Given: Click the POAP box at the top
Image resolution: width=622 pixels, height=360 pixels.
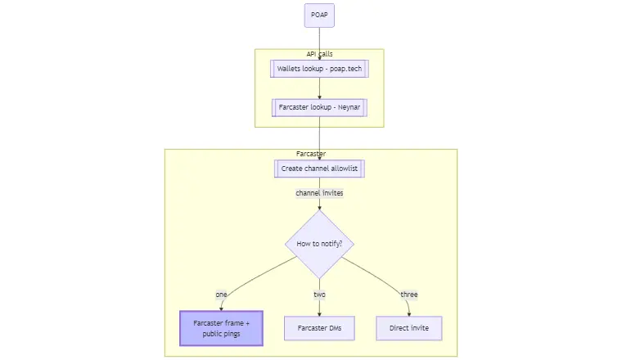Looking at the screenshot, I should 319,16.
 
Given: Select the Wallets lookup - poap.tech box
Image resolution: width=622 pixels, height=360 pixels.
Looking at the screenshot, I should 319,69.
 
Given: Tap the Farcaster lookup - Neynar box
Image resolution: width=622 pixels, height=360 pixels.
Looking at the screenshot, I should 319,107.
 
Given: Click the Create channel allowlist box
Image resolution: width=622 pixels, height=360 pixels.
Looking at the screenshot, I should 319,169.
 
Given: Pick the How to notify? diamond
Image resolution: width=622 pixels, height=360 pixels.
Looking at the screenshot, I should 319,244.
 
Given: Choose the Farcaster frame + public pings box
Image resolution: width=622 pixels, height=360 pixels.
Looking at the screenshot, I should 221,328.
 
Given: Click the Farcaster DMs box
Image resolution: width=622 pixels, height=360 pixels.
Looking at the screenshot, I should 319,328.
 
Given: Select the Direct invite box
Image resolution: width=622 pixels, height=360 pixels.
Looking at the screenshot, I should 409,328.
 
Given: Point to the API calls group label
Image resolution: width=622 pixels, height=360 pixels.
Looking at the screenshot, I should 319,54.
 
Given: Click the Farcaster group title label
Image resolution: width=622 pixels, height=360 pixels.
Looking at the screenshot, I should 311,154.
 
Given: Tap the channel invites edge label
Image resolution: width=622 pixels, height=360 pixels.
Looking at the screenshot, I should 319,193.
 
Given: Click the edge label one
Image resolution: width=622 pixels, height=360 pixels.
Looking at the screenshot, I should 221,295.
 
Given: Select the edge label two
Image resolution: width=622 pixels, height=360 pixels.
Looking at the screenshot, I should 319,295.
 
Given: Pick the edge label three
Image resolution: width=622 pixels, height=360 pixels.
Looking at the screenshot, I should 408,295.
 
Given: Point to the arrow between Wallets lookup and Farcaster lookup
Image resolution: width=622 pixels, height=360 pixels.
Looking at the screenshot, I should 319,88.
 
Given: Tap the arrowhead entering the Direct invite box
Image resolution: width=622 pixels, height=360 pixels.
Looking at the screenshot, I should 409,313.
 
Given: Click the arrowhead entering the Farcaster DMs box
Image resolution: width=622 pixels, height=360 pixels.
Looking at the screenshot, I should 319,313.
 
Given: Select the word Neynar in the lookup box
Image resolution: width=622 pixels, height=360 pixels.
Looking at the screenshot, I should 347,107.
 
